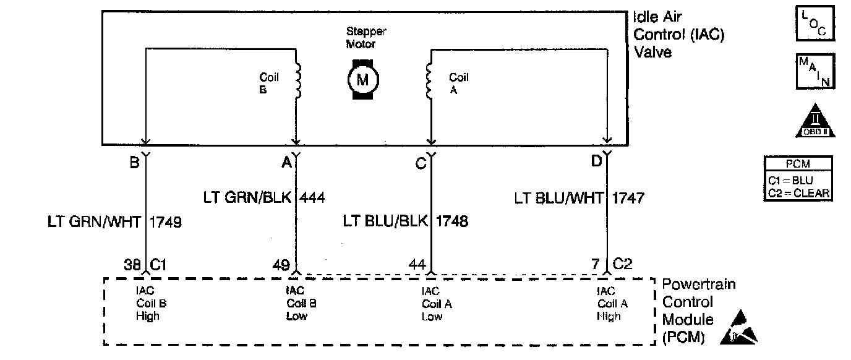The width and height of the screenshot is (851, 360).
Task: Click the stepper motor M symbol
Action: (x=362, y=79)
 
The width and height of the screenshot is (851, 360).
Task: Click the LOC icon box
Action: (x=815, y=23)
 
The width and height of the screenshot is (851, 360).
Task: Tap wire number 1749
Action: (x=166, y=222)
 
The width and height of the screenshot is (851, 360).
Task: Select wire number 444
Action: (x=312, y=198)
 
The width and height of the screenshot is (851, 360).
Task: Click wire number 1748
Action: (x=452, y=222)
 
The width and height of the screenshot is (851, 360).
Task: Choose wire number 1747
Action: (x=628, y=198)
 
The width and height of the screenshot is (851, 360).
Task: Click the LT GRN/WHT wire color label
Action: (x=94, y=222)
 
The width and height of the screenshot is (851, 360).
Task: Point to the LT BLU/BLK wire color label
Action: (x=385, y=222)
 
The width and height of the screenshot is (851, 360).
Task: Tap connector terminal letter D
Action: (x=596, y=162)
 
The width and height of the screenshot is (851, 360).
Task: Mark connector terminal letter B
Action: (x=134, y=163)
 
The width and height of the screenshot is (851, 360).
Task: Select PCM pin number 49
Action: (x=281, y=265)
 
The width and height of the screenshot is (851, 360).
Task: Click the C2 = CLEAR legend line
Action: (x=798, y=193)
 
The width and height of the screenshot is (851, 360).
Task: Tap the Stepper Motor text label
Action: (x=366, y=38)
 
